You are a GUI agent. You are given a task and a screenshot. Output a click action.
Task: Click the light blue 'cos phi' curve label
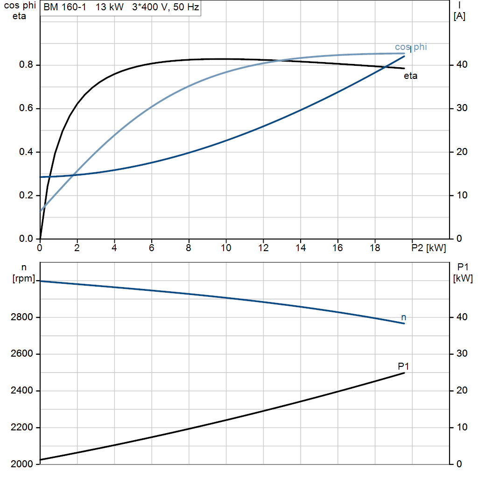tap(411, 47)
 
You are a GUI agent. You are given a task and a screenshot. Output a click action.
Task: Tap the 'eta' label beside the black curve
tap(410, 76)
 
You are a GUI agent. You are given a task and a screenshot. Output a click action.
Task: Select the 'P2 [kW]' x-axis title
tap(429, 248)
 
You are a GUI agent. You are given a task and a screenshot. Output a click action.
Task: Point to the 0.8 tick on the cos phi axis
tap(26, 64)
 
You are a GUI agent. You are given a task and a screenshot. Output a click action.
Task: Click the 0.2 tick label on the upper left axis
tap(26, 195)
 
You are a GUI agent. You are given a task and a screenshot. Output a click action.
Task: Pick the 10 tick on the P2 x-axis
tap(226, 248)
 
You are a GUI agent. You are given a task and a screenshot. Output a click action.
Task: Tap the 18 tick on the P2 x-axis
tap(375, 248)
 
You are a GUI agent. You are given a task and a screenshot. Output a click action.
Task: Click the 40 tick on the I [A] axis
tap(462, 64)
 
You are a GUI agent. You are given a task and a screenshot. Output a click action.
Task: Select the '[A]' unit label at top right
tap(459, 16)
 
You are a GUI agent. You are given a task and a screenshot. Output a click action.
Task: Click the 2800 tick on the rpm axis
tap(21, 317)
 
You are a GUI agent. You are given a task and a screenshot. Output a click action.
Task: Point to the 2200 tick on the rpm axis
tap(21, 427)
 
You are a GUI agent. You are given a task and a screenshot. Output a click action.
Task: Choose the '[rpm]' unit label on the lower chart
tap(24, 278)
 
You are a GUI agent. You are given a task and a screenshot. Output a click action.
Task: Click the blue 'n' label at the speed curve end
tap(404, 317)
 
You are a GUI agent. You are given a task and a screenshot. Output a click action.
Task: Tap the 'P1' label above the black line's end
tap(403, 366)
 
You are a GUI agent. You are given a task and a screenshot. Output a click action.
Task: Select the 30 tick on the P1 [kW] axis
tap(462, 353)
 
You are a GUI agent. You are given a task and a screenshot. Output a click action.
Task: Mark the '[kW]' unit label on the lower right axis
tap(463, 278)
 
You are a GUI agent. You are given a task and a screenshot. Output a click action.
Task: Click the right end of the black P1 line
tap(404, 373)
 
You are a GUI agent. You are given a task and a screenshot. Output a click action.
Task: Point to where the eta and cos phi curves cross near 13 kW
tap(281, 61)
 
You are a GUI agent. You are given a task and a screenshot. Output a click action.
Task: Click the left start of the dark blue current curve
tap(40, 177)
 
